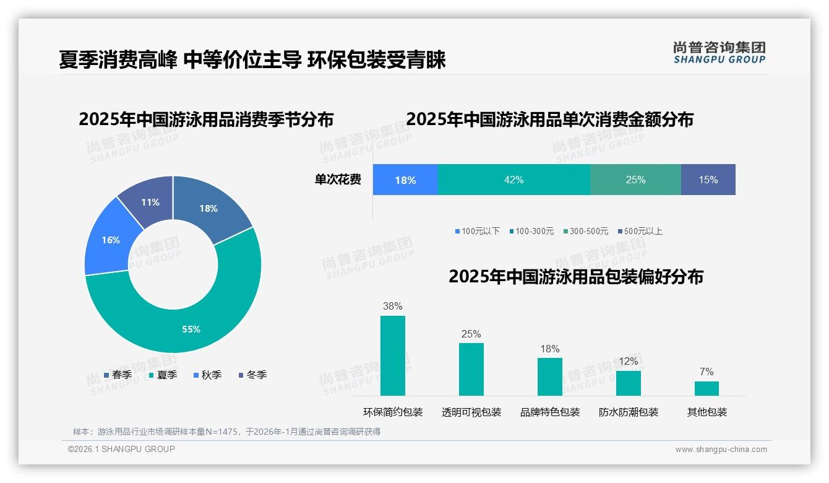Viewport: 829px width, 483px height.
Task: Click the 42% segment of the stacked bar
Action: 513,180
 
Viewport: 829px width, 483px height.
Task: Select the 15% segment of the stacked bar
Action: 708,180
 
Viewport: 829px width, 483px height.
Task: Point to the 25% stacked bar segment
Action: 635,180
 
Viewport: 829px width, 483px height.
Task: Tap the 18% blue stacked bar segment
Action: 405,180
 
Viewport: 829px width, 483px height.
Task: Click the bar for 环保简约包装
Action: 393,355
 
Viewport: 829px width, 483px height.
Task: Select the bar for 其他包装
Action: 707,388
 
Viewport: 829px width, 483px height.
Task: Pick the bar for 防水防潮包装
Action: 629,383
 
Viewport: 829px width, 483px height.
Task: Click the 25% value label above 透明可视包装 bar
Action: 471,334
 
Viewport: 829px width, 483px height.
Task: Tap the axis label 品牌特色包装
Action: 550,412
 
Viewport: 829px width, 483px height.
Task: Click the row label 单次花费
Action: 338,180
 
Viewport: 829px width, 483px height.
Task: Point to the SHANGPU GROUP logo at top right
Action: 719,52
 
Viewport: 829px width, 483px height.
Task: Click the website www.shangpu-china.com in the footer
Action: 721,449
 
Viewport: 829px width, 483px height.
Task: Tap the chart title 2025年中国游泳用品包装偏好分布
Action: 576,277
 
